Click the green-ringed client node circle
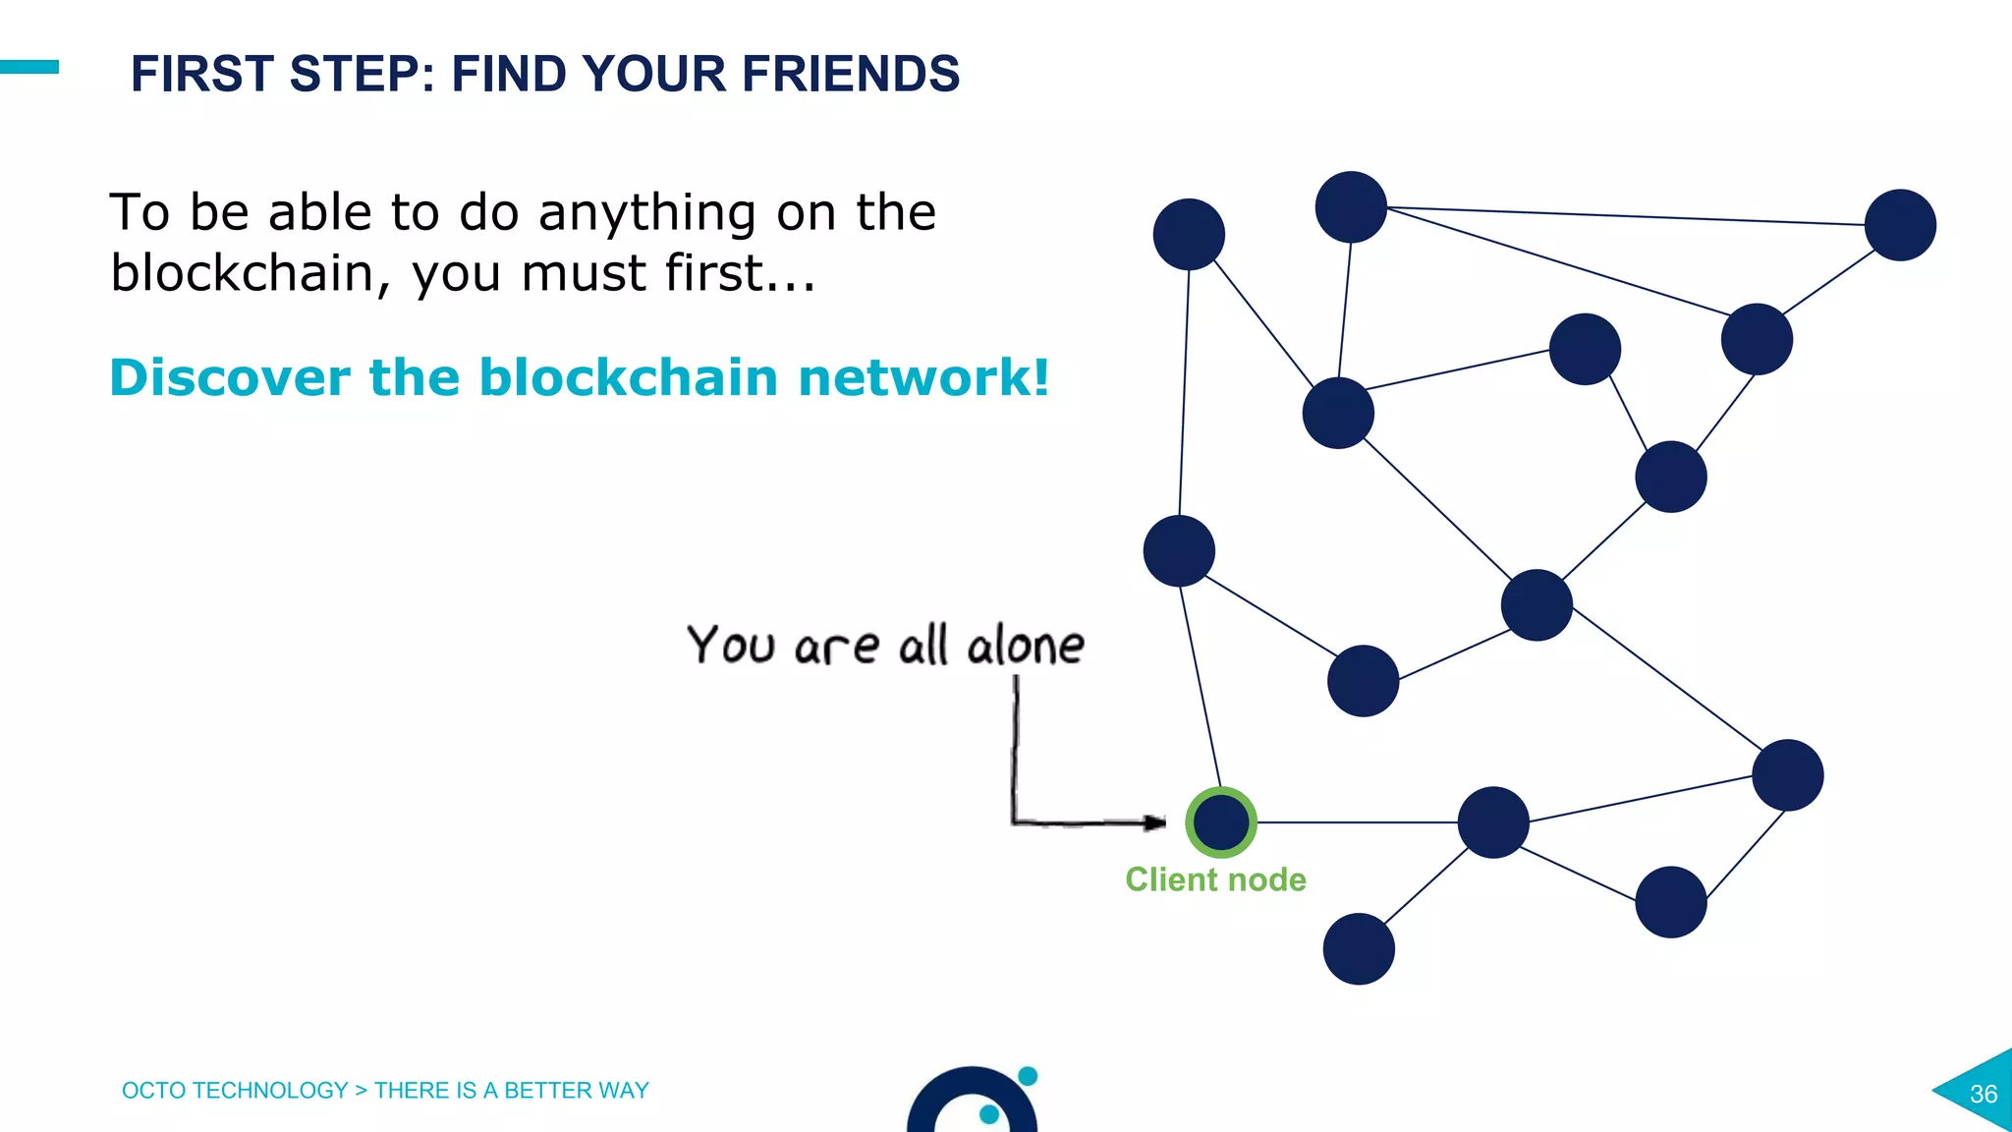coord(1220,821)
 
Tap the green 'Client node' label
coord(1215,879)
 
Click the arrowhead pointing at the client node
coord(1155,822)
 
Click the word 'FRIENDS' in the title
coord(850,74)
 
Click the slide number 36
coord(1983,1094)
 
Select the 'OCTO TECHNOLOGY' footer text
coord(235,1091)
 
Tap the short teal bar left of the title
coord(29,67)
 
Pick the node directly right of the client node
coord(1493,822)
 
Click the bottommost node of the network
coord(1359,949)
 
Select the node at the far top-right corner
coord(1900,225)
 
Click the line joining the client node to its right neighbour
coord(1356,822)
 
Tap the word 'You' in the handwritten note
coord(731,646)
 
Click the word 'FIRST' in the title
coord(202,74)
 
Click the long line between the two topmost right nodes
coord(1626,216)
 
